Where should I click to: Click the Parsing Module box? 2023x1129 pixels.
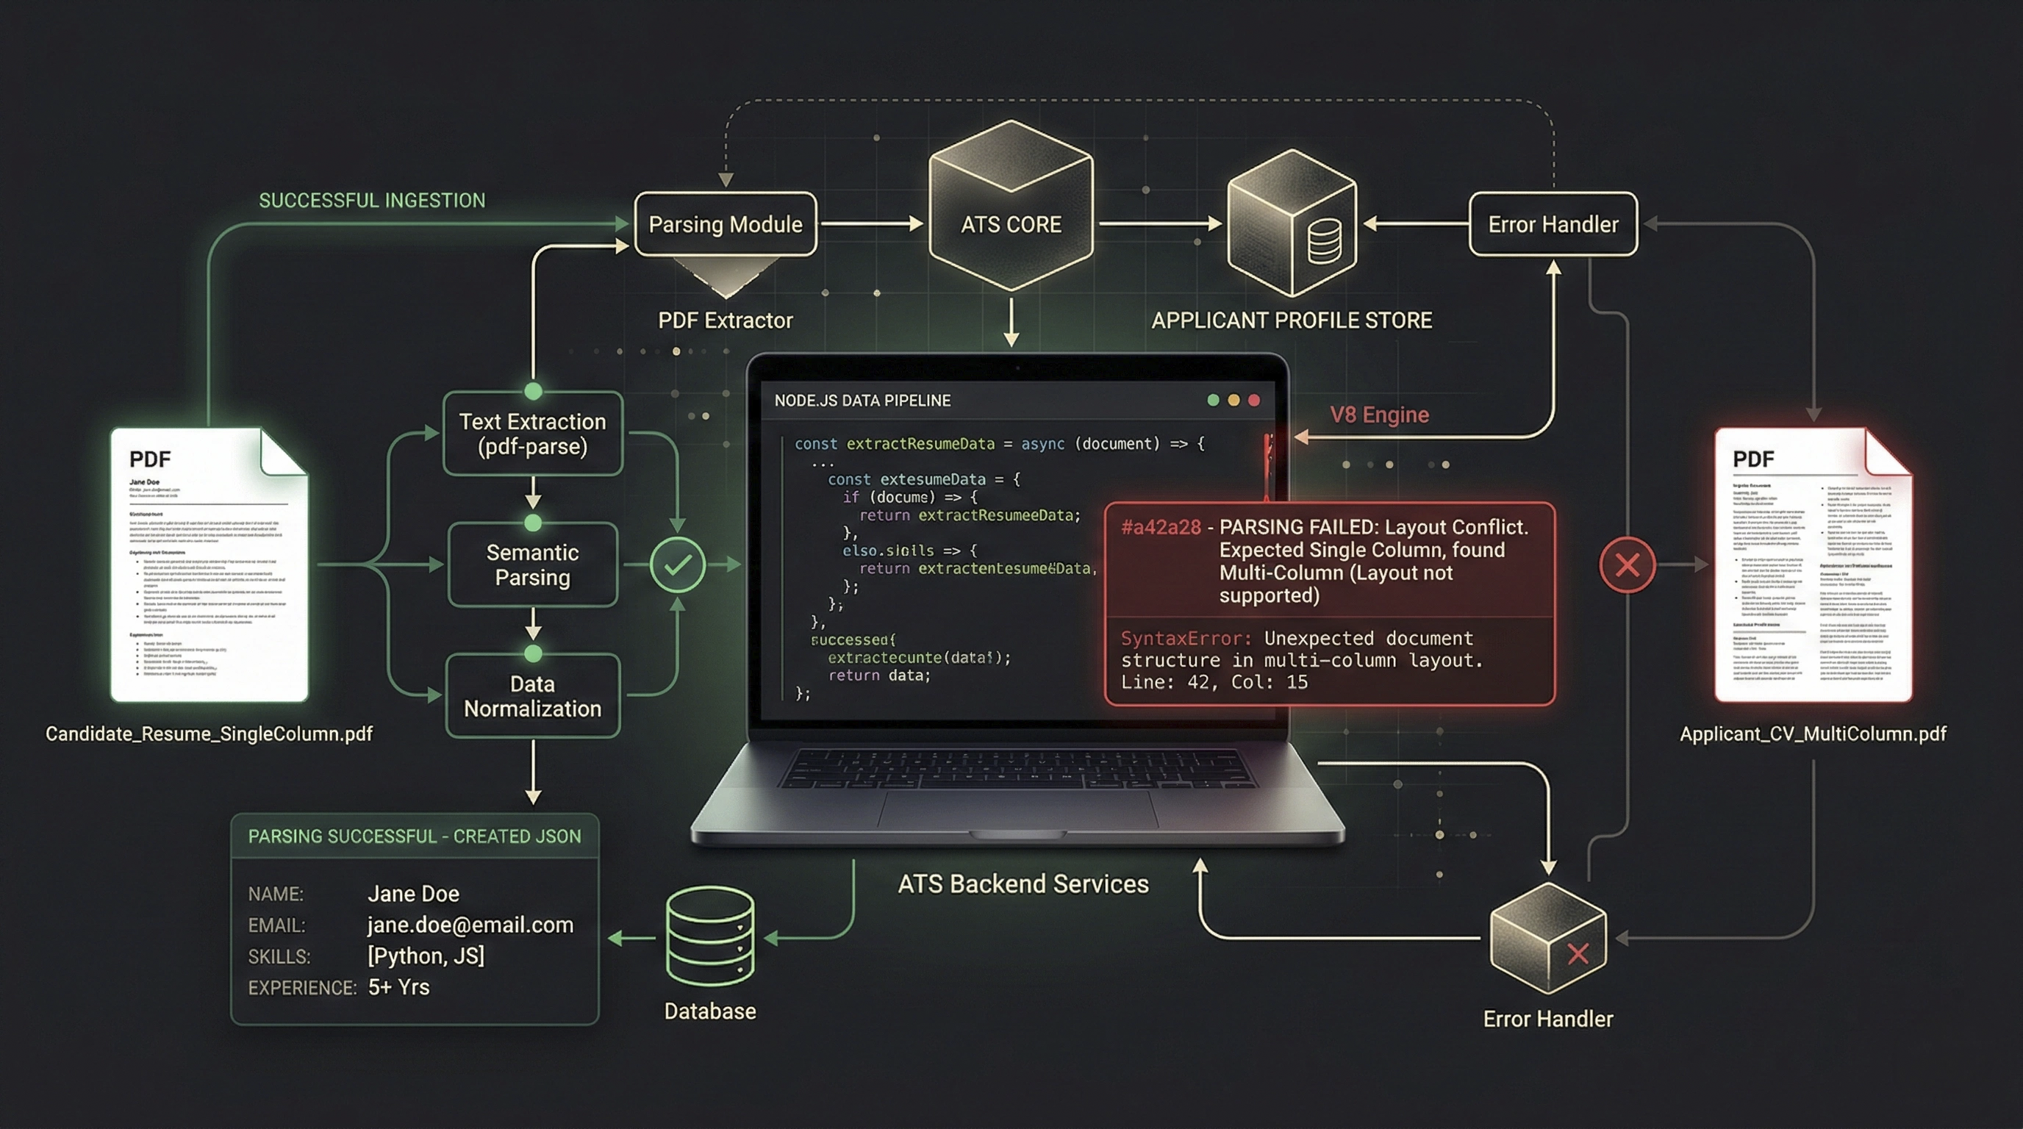coord(725,224)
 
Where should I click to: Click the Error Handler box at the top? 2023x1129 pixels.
coord(1553,224)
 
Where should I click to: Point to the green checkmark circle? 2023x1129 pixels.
coord(677,564)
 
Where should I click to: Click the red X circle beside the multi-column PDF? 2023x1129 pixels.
coord(1628,564)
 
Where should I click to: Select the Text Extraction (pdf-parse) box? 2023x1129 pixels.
coord(532,434)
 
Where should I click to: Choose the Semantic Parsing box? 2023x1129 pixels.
coord(532,564)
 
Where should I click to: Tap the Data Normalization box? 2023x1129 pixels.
coord(532,695)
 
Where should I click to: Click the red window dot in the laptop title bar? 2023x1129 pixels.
coord(1254,401)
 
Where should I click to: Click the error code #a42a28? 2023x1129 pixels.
coord(1160,527)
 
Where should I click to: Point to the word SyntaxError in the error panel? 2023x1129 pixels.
coord(1185,638)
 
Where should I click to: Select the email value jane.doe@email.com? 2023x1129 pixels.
coord(470,925)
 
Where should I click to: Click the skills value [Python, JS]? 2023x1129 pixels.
coord(426,956)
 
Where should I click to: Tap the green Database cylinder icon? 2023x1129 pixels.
coord(710,936)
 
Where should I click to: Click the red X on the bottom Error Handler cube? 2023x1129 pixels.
coord(1578,954)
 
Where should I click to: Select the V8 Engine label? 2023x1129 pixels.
coord(1379,415)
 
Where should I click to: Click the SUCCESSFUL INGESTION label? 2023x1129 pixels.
coord(372,200)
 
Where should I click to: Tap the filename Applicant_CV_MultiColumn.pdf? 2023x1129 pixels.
coord(1813,734)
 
